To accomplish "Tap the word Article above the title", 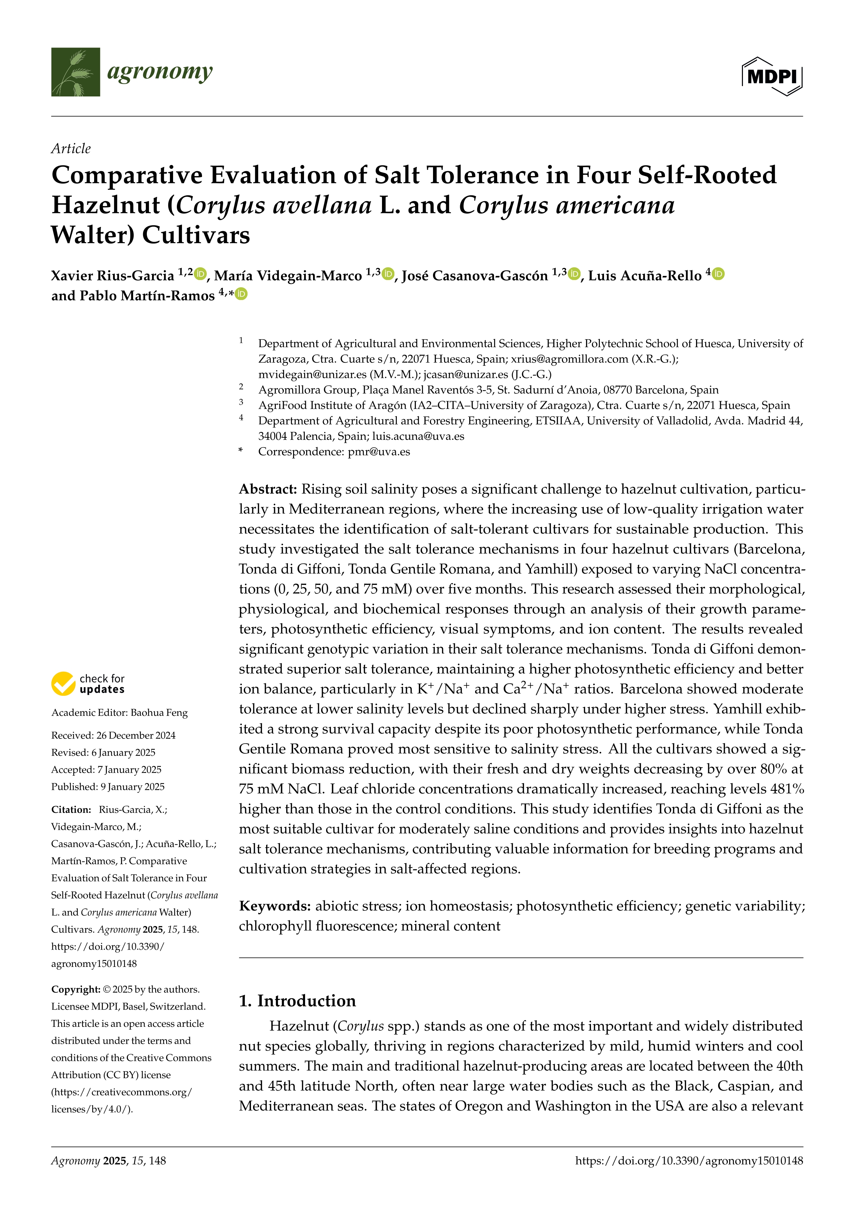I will click(x=71, y=149).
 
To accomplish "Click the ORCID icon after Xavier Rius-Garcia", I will click(x=200, y=274).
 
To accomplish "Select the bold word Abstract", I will click(x=268, y=490).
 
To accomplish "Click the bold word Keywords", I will click(x=275, y=906).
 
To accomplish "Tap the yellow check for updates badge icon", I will click(x=63, y=683).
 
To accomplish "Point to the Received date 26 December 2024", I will click(x=136, y=735).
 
